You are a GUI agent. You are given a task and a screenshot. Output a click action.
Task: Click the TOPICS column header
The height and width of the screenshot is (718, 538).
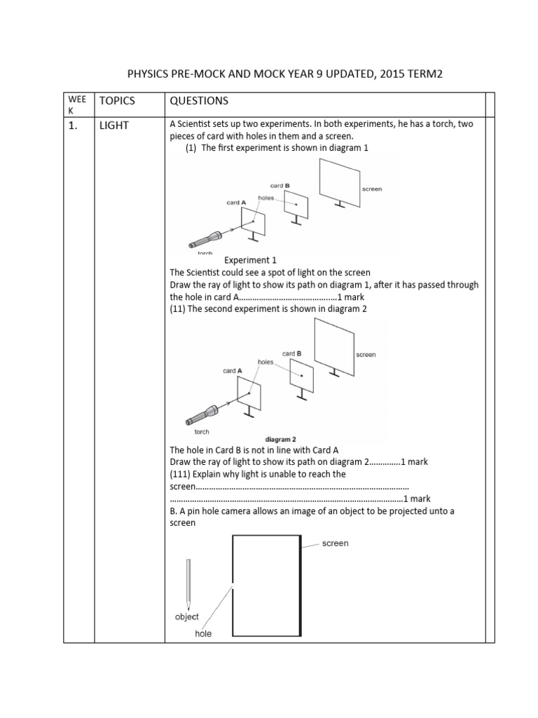(117, 101)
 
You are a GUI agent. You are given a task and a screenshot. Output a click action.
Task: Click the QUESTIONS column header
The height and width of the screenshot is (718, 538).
(199, 101)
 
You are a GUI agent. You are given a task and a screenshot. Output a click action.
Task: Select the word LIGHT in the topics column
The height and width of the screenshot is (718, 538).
(114, 125)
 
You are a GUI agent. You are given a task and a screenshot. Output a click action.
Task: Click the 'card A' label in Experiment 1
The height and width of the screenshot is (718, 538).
(236, 202)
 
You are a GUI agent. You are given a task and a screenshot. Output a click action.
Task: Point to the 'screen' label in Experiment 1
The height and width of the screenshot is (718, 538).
(372, 189)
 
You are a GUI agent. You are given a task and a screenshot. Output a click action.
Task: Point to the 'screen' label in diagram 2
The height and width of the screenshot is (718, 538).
(366, 355)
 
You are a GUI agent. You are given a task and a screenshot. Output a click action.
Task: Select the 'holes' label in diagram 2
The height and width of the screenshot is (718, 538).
(265, 362)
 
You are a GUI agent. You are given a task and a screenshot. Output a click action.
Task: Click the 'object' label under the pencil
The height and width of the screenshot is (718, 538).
(186, 617)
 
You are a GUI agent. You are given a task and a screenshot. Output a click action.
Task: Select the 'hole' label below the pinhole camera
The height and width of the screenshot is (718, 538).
(202, 634)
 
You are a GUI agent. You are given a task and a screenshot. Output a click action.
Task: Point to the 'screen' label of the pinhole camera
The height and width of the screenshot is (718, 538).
(335, 543)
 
